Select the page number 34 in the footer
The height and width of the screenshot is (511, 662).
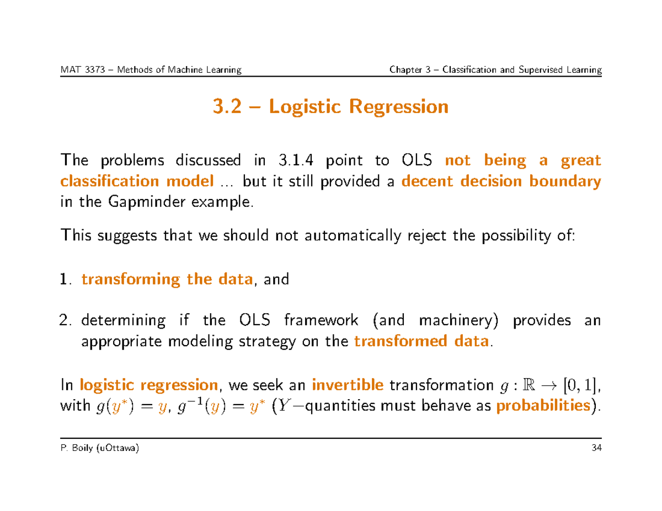[x=595, y=448]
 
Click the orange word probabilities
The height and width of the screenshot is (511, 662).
[x=544, y=406]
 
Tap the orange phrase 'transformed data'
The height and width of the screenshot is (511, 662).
[x=421, y=342]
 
